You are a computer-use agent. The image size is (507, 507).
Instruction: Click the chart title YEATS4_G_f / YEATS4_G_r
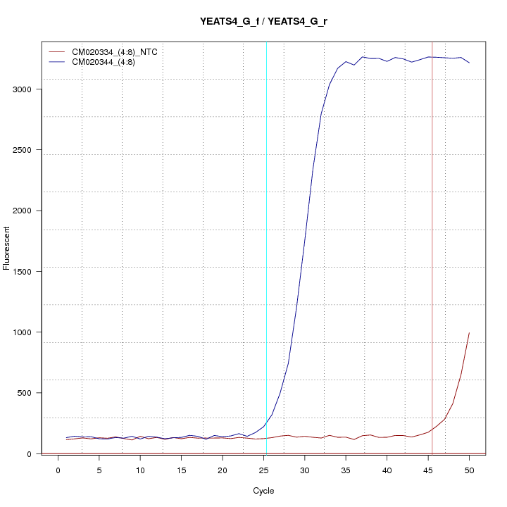(x=263, y=21)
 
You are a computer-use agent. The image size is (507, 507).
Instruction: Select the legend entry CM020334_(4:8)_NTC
(x=120, y=52)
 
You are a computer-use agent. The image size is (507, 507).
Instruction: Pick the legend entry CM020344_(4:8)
(x=108, y=62)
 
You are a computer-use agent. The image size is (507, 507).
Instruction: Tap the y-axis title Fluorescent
(x=8, y=248)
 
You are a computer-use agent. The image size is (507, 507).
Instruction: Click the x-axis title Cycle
(x=263, y=491)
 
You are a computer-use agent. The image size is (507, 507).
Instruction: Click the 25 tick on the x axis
(x=263, y=470)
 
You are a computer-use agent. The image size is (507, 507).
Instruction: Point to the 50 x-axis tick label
(x=469, y=470)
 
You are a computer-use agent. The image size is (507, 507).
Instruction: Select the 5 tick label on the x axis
(x=99, y=470)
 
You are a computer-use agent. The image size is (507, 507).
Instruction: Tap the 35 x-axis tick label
(x=346, y=470)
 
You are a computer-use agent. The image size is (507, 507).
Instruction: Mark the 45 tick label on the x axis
(x=428, y=470)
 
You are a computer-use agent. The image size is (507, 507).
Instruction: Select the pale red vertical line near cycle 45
(x=432, y=282)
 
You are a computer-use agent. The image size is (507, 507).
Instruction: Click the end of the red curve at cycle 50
(x=469, y=332)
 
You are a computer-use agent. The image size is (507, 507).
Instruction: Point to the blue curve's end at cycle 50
(x=469, y=63)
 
